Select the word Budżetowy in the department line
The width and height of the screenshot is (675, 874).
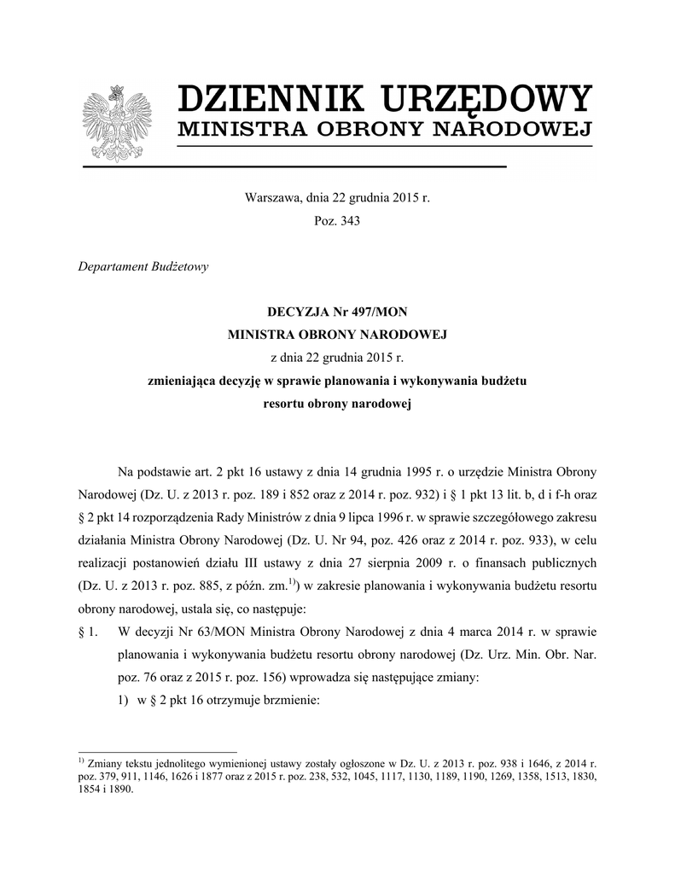pos(177,265)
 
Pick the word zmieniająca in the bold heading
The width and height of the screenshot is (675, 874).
pos(182,380)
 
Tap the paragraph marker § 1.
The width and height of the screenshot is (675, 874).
pos(88,632)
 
